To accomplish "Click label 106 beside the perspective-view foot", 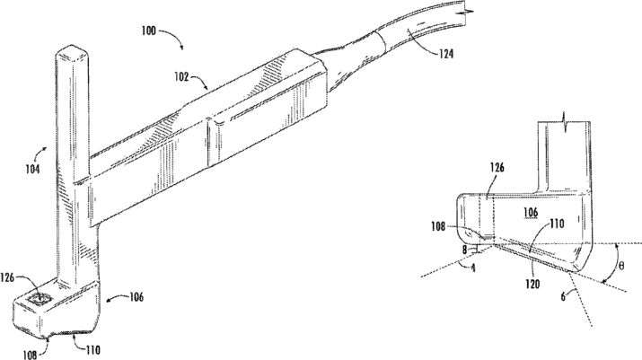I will coord(136,298).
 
